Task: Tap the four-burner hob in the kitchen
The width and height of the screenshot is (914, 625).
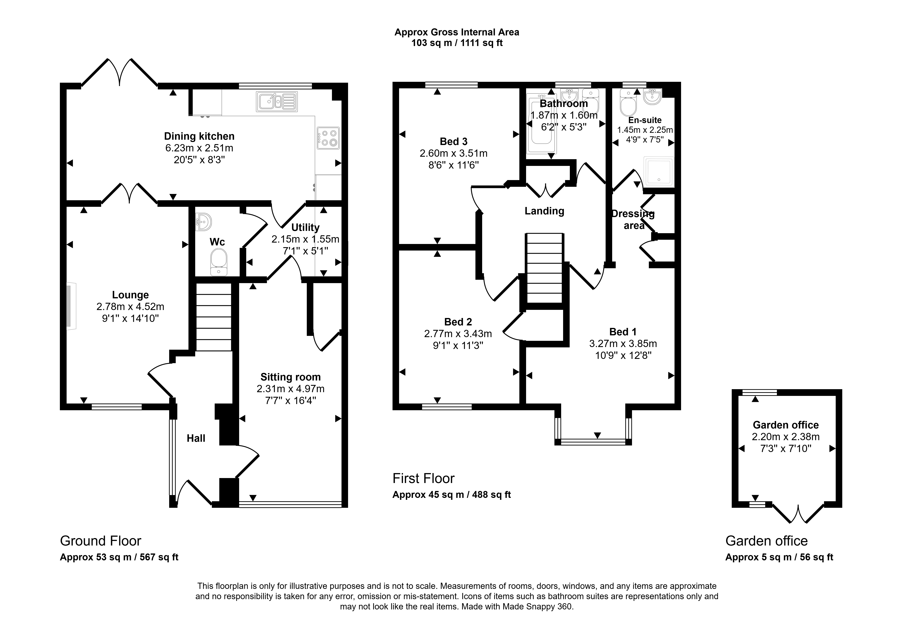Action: (x=328, y=138)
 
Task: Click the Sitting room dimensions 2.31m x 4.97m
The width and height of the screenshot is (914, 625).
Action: (x=291, y=389)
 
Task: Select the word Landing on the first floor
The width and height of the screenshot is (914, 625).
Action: (x=544, y=211)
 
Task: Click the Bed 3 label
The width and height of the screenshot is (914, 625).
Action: (x=453, y=141)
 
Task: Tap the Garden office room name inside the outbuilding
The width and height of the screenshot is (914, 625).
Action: (x=786, y=425)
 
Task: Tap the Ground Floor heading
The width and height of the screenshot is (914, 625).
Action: (x=101, y=541)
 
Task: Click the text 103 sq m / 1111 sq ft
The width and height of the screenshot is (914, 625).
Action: (x=457, y=43)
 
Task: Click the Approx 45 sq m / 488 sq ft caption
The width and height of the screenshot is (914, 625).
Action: (x=452, y=495)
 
